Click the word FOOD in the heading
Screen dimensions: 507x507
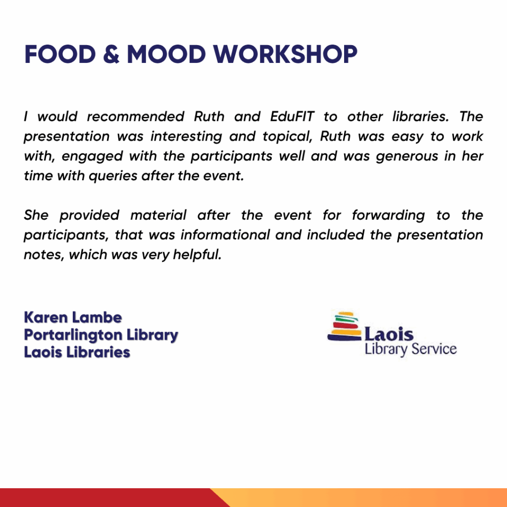(60, 54)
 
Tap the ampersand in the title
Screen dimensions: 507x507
(111, 54)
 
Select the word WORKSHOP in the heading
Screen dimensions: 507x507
(285, 54)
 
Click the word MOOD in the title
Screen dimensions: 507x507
(166, 54)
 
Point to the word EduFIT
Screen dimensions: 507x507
(292, 116)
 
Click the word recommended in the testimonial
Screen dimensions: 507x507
(136, 116)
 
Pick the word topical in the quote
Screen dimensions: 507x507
(287, 137)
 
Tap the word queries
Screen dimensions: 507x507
(113, 176)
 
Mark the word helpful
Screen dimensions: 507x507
(197, 255)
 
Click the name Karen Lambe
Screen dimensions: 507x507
(73, 317)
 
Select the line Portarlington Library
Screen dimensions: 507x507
(101, 335)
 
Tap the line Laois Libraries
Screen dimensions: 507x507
(77, 352)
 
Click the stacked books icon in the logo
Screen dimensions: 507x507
(345, 326)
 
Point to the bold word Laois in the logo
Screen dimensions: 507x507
(389, 334)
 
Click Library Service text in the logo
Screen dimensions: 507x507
(410, 350)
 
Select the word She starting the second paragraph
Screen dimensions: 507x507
(36, 215)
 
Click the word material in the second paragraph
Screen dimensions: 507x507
(158, 215)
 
